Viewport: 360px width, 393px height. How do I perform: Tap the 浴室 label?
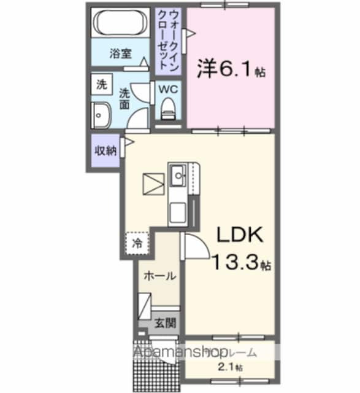coord(120,53)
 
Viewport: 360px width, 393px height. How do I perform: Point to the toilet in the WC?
coord(167,109)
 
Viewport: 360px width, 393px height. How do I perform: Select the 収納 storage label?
coord(104,150)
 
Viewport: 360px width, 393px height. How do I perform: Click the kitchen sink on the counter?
coord(179,176)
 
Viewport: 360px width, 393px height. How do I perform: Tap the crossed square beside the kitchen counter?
coord(151,183)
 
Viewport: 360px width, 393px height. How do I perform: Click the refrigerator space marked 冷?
coord(138,243)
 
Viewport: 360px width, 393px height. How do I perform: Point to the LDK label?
coord(238,236)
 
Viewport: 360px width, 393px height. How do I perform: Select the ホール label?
coord(160,276)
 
